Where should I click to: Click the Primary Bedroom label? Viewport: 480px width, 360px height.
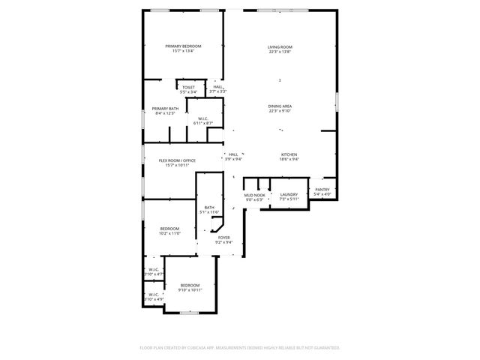click(183, 46)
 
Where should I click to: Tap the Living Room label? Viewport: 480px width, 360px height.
click(280, 47)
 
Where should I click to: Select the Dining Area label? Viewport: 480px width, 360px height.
click(280, 106)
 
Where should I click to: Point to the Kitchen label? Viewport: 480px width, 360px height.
click(289, 154)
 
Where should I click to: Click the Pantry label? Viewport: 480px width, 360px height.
click(322, 190)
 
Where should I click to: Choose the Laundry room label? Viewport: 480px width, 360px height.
click(289, 194)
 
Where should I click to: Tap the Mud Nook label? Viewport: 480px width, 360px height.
click(255, 195)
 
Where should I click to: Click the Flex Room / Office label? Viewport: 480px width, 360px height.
click(177, 160)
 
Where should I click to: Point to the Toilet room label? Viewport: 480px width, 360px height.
click(188, 87)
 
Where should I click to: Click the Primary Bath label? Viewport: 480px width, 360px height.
click(165, 109)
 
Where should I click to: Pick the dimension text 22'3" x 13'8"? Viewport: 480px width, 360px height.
click(280, 52)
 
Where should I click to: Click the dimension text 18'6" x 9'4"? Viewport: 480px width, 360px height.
click(289, 159)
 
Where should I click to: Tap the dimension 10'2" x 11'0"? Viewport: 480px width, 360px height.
click(170, 233)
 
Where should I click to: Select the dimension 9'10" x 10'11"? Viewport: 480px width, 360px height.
click(190, 289)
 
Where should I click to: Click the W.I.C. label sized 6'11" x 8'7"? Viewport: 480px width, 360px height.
click(203, 123)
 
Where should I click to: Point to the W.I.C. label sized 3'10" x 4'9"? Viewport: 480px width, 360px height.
click(153, 299)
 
